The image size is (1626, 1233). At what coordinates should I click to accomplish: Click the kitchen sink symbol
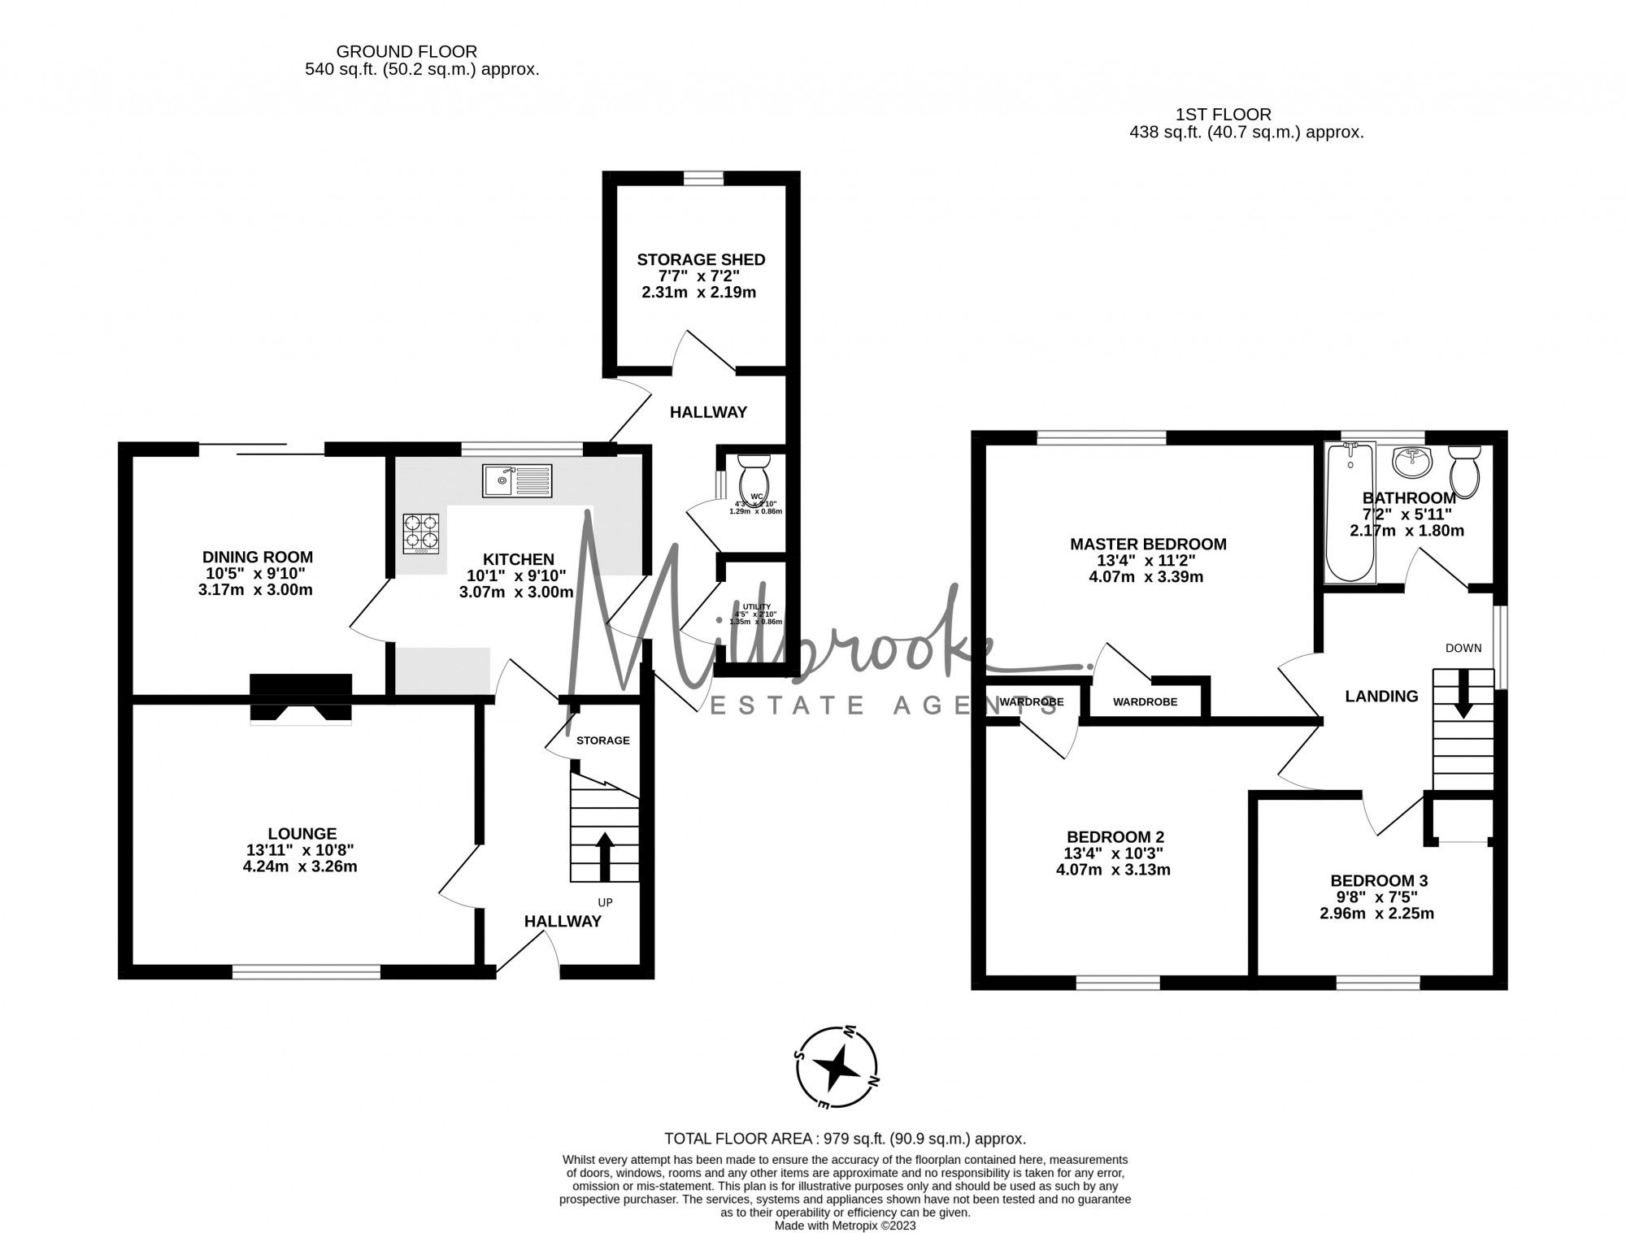click(x=516, y=480)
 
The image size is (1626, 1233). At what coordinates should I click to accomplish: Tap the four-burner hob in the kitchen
click(x=421, y=533)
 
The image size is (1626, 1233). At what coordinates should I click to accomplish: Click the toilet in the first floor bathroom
click(x=1465, y=471)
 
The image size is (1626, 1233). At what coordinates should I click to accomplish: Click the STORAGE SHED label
click(x=701, y=260)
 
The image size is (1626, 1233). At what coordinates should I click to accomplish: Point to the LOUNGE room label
click(x=302, y=833)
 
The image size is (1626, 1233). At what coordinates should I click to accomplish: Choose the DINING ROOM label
click(x=257, y=557)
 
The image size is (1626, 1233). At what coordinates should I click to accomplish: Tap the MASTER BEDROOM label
click(x=1147, y=544)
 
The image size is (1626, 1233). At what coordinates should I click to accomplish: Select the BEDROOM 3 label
click(x=1379, y=880)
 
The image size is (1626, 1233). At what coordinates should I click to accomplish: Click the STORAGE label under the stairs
click(x=602, y=740)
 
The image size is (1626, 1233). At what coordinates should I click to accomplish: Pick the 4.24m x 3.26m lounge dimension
click(x=300, y=866)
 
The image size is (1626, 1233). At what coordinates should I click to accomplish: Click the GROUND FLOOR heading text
click(x=406, y=52)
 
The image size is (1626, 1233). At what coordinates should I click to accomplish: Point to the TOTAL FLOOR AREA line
click(x=845, y=1139)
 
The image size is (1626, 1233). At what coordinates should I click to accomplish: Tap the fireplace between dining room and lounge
click(x=301, y=697)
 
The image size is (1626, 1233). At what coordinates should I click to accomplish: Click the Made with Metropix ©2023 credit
click(x=845, y=1225)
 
